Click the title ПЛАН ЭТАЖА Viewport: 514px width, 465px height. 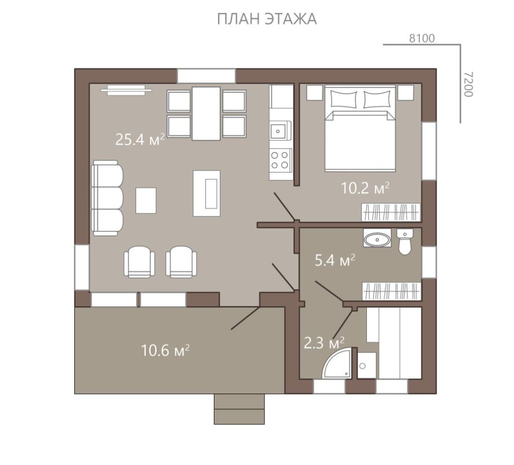coord(267,19)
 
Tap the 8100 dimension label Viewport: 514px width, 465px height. coord(422,38)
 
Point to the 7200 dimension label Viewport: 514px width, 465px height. coord(469,84)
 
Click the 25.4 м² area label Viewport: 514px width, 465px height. coord(140,140)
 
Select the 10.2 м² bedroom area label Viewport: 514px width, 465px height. coord(365,188)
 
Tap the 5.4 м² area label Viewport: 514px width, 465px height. coord(335,261)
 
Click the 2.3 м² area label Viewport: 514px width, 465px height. coord(324,343)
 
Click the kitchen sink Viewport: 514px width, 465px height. coord(280,131)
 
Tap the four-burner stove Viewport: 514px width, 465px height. coord(280,160)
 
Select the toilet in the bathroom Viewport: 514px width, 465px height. coord(405,242)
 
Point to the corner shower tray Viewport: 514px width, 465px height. coord(339,364)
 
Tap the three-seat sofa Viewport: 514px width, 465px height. coord(107,198)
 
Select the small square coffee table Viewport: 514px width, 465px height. coord(146,200)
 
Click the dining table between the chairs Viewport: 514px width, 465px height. coord(206,113)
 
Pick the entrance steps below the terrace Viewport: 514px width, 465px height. coord(239,409)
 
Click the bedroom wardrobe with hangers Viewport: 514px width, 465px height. coord(391,212)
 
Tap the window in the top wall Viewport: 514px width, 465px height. coord(206,76)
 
